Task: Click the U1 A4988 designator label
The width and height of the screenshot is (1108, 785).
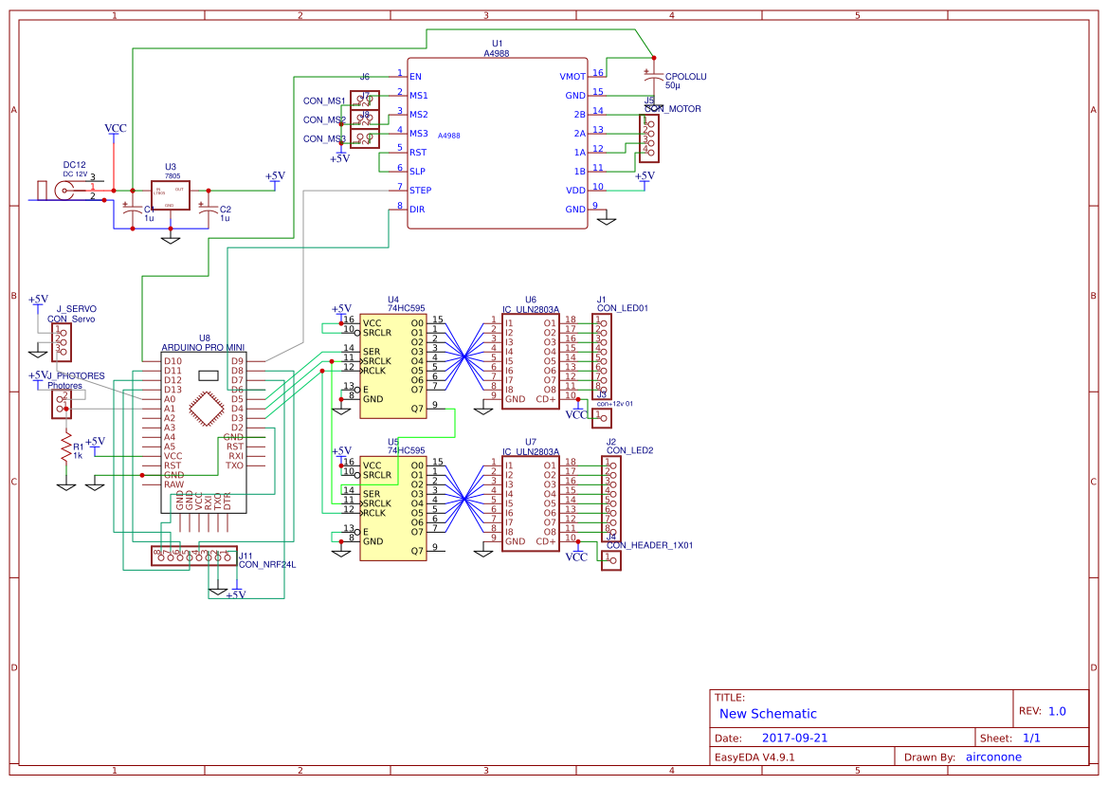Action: (497, 45)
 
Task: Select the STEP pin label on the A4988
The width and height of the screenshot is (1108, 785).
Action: (420, 191)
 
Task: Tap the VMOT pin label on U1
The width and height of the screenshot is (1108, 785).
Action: (572, 76)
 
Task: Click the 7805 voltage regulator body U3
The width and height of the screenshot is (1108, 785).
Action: (170, 195)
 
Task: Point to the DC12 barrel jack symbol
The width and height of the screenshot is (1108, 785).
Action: (64, 191)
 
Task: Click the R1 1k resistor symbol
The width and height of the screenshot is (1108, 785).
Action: (65, 447)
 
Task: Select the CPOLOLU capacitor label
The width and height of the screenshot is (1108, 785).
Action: (685, 76)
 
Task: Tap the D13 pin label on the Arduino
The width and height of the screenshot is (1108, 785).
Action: (172, 390)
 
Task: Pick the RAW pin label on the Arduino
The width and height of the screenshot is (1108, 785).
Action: (173, 484)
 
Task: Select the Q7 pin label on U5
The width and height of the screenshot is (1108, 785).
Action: (416, 551)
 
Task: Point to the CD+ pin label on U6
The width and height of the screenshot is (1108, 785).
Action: (546, 399)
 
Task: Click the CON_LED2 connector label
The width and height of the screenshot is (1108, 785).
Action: (629, 450)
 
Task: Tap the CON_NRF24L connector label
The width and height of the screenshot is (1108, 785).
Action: (267, 564)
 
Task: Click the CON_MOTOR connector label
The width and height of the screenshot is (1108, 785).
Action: (673, 109)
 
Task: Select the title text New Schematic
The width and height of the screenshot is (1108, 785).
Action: (768, 714)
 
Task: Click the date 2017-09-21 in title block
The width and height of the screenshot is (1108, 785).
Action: (794, 738)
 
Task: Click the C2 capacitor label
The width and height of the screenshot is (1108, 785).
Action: (225, 210)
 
